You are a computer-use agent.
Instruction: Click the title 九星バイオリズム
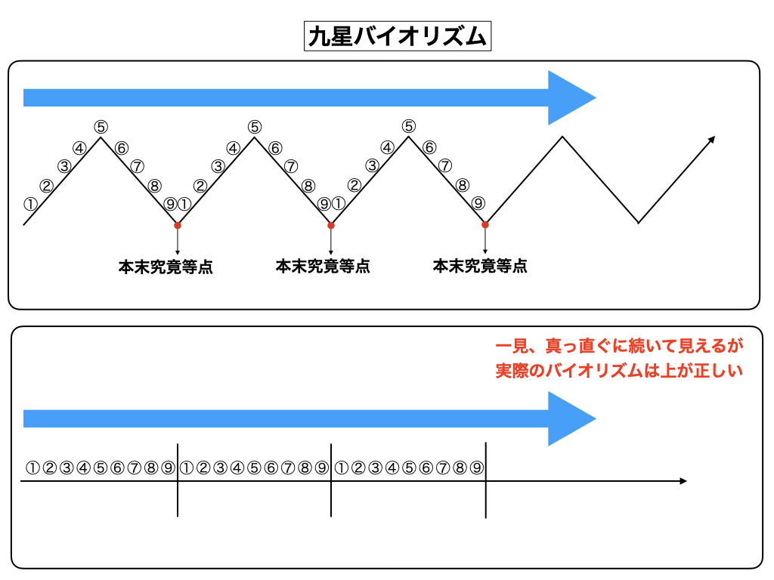pyautogui.click(x=397, y=35)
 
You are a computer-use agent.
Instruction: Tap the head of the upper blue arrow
pyautogui.click(x=571, y=97)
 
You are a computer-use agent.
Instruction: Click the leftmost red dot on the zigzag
pyautogui.click(x=178, y=225)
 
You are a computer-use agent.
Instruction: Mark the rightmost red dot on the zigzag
pyautogui.click(x=485, y=224)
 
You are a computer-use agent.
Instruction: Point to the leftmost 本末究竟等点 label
pyautogui.click(x=166, y=267)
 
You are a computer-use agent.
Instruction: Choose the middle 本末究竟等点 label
pyautogui.click(x=323, y=266)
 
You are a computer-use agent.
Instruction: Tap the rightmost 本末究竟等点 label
pyautogui.click(x=480, y=266)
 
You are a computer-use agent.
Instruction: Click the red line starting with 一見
pyautogui.click(x=619, y=347)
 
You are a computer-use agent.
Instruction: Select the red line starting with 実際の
pyautogui.click(x=619, y=371)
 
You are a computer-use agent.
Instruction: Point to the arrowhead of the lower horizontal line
pyautogui.click(x=683, y=480)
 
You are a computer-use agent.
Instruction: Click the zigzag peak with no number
pyautogui.click(x=562, y=137)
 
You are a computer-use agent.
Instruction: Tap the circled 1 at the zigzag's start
pyautogui.click(x=30, y=203)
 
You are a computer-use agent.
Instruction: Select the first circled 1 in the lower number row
pyautogui.click(x=32, y=467)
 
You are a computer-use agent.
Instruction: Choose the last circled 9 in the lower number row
pyautogui.click(x=476, y=467)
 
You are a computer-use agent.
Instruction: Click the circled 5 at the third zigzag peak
pyautogui.click(x=409, y=126)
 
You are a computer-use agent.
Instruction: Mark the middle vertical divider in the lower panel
pyautogui.click(x=331, y=480)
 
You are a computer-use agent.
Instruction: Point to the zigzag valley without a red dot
pyautogui.click(x=639, y=223)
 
